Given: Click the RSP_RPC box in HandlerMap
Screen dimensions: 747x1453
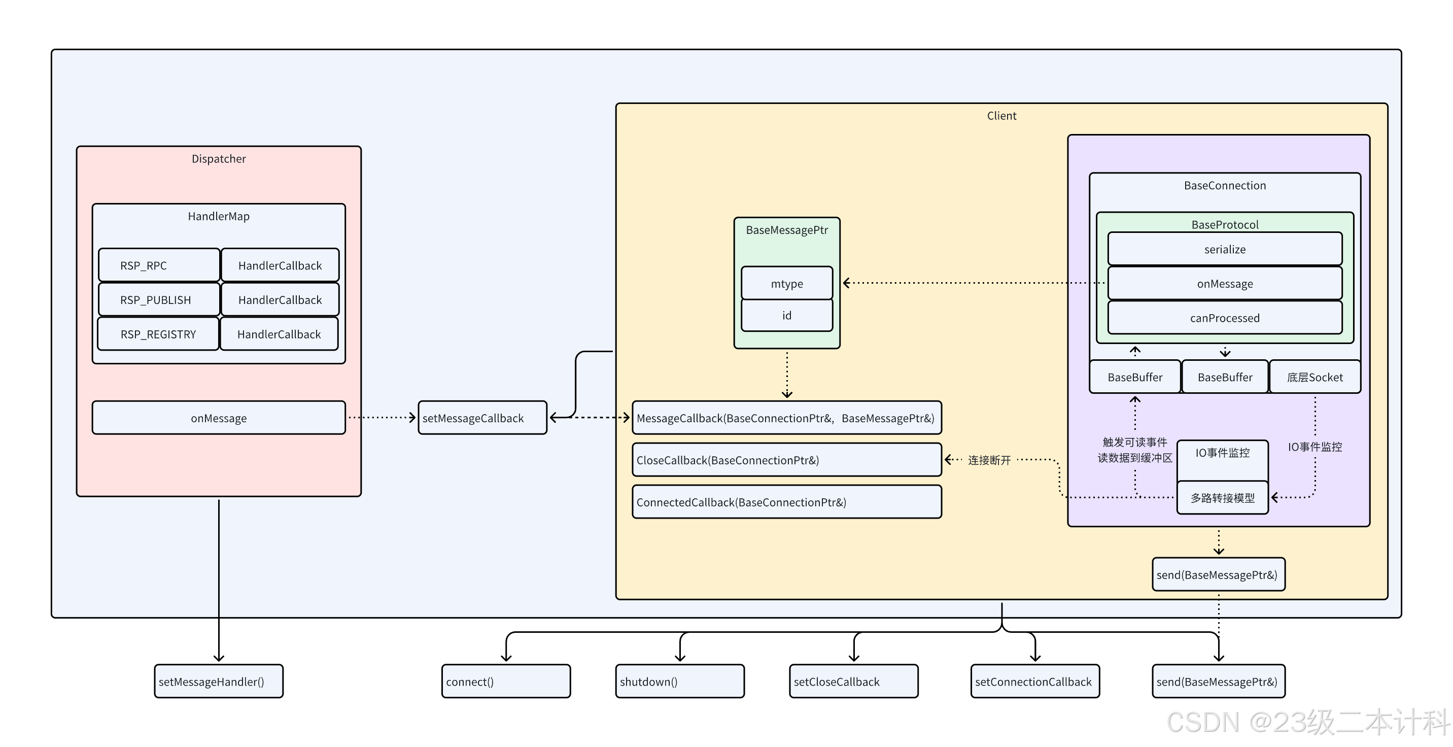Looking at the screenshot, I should point(158,265).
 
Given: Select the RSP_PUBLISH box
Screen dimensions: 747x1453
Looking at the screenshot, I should point(158,299).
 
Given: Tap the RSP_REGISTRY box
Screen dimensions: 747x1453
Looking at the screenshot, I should point(158,334).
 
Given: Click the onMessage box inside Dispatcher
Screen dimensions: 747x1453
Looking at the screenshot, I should point(218,418).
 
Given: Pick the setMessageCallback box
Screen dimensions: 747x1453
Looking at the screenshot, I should point(482,418).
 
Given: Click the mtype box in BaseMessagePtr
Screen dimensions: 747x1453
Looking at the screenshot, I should point(786,283).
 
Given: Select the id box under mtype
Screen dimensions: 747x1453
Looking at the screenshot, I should point(786,315).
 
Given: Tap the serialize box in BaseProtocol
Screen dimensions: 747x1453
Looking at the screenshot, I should point(1225,249).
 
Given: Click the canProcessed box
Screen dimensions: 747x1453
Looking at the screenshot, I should point(1225,318).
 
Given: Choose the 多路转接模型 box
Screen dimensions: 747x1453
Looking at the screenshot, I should point(1222,498).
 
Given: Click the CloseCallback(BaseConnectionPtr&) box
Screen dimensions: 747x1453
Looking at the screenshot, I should point(786,460).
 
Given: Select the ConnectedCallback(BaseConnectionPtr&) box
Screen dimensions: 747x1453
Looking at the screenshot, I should point(786,502).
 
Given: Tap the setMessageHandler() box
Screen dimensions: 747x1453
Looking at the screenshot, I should point(218,682).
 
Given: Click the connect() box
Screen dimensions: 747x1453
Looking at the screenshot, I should point(506,682).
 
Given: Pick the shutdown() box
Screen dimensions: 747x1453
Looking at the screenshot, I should point(680,682).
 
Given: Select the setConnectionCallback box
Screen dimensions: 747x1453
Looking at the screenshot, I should point(1034,682).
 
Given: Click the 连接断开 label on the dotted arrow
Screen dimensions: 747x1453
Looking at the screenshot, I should point(989,460).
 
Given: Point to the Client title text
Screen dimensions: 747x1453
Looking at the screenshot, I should point(1001,116).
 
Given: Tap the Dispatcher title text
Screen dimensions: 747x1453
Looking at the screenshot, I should point(218,158).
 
